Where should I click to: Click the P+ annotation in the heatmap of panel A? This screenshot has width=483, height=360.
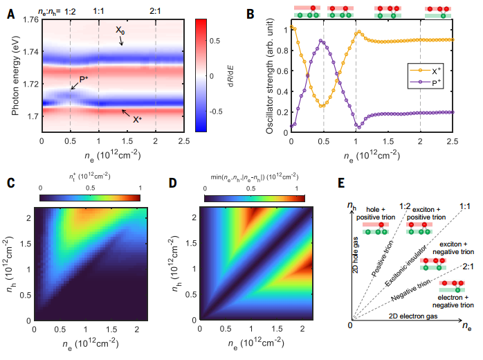[83, 81]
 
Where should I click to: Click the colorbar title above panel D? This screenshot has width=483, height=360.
[253, 186]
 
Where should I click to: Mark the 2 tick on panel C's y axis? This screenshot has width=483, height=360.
[29, 217]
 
